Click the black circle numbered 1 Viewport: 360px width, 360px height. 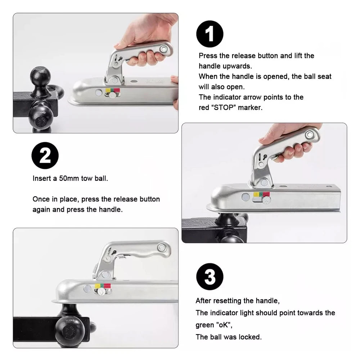coord(210,34)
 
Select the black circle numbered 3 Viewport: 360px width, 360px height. coord(210,278)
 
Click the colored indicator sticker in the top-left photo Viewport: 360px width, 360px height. coord(112,89)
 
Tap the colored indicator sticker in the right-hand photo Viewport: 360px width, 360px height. coord(262,194)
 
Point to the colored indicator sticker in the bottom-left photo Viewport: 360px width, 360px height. coord(103,286)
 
